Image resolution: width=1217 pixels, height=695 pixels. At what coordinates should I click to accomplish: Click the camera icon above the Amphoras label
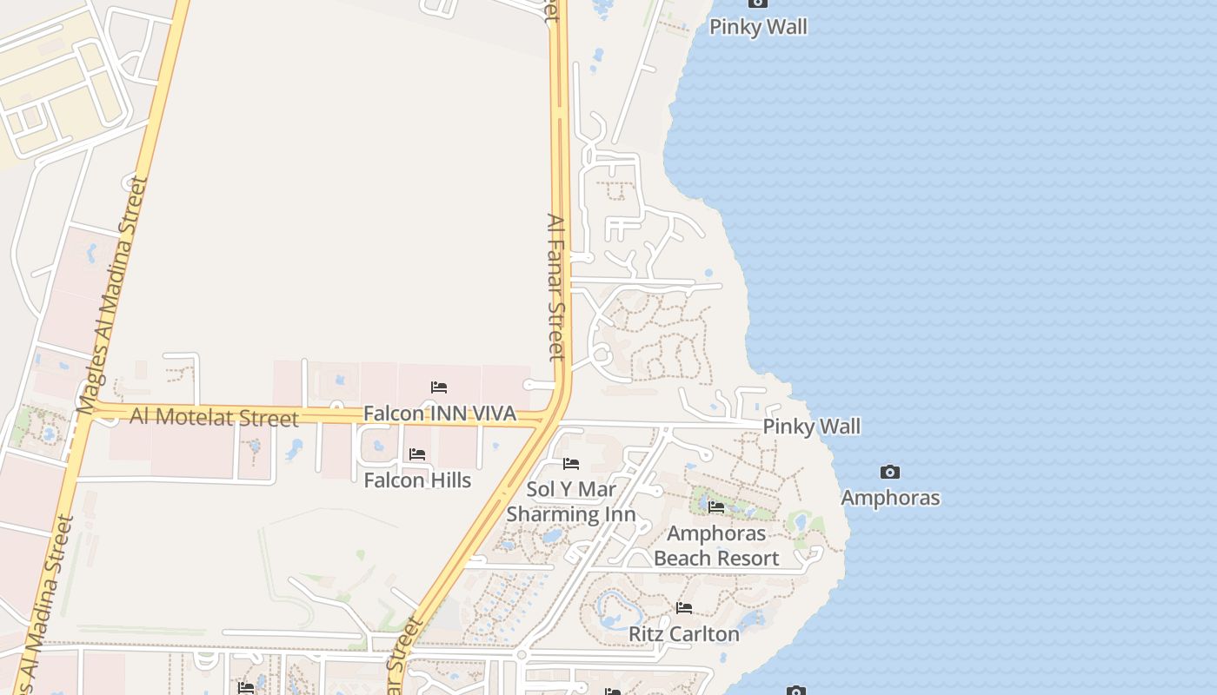click(x=890, y=472)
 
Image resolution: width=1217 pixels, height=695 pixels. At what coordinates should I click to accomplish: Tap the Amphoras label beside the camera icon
click(x=890, y=498)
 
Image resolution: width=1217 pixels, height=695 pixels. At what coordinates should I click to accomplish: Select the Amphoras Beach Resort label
click(x=716, y=546)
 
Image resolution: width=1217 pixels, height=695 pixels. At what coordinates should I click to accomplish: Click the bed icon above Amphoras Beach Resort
click(x=716, y=507)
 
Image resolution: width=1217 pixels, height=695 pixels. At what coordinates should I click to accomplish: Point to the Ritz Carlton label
click(x=684, y=634)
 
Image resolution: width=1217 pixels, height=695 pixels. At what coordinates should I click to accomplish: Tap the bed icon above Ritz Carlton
click(x=684, y=608)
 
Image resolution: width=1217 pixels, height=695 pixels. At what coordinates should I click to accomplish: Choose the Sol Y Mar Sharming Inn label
click(x=571, y=502)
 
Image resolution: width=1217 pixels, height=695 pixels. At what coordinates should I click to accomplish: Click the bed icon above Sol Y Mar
click(x=571, y=464)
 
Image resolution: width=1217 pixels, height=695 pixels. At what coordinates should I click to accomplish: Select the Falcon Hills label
click(x=417, y=480)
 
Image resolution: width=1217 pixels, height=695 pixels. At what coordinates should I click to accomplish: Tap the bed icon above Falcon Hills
click(x=417, y=454)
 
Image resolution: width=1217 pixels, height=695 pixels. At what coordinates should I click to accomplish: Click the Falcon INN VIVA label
click(x=440, y=414)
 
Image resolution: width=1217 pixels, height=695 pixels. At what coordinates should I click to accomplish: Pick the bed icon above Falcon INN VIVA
click(x=439, y=387)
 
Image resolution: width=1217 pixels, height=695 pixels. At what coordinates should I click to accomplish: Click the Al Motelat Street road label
click(x=214, y=417)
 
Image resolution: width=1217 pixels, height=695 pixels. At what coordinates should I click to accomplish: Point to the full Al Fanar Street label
click(x=556, y=287)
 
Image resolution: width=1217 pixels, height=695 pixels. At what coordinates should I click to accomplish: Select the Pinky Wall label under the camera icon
click(x=758, y=27)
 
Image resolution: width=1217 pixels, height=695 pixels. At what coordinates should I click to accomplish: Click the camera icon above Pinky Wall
click(x=758, y=3)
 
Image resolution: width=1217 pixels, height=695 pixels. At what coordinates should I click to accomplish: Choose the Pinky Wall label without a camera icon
click(x=812, y=427)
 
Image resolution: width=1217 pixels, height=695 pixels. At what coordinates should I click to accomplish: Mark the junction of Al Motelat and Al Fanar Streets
click(x=553, y=419)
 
